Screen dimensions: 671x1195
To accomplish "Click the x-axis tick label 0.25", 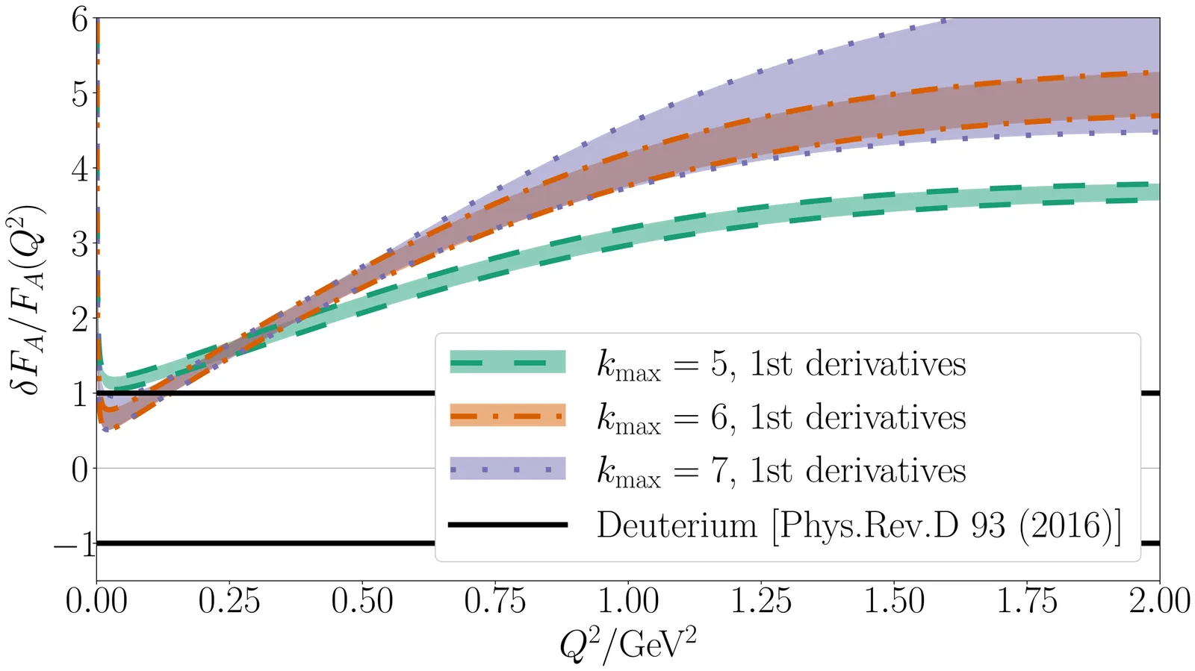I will (x=229, y=602).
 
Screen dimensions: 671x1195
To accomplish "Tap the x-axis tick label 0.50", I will (x=362, y=602).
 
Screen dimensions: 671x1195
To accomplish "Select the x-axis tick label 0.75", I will (x=495, y=602).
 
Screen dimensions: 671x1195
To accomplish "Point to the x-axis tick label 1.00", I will (x=628, y=602).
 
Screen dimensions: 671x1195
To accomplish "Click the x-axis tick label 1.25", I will (x=761, y=602).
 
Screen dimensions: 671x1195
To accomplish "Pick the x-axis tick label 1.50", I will (x=894, y=602).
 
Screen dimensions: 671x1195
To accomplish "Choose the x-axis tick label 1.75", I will (x=1027, y=602).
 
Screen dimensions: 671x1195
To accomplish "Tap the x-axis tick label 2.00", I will (x=1159, y=602).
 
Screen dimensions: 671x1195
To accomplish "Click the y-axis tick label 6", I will (x=79, y=19).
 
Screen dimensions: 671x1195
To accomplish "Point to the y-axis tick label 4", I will (x=79, y=169).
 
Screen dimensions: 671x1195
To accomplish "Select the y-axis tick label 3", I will (x=79, y=244).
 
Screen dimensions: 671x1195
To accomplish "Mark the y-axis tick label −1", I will (x=74, y=544).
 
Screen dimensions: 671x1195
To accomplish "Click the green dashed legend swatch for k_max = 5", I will (x=508, y=363).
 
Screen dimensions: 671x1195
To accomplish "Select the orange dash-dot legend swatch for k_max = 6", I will (x=508, y=416).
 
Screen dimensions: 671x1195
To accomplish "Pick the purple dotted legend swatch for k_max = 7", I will (x=508, y=469).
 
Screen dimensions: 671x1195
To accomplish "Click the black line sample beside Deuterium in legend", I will (x=508, y=525).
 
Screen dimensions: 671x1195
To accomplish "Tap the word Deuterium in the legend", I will (x=677, y=525).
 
